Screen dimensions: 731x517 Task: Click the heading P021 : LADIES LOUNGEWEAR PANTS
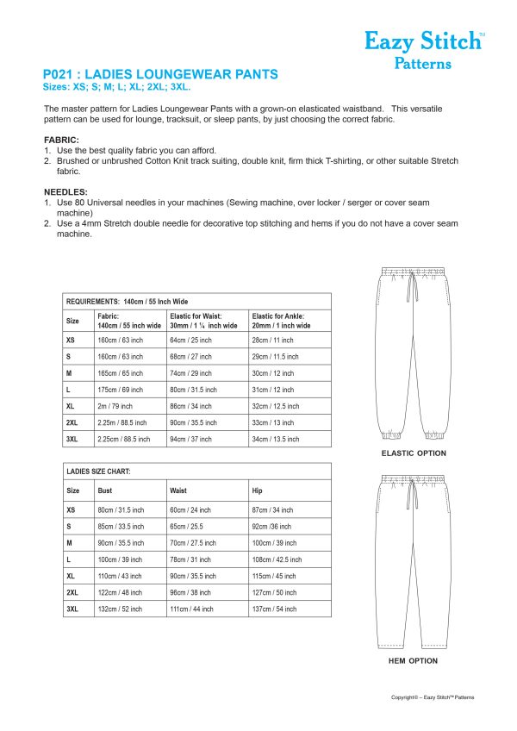[x=160, y=75]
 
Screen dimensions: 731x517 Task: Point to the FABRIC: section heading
[x=61, y=140]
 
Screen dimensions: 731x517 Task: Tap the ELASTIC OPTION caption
[x=414, y=453]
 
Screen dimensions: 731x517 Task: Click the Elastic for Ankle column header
[x=280, y=322]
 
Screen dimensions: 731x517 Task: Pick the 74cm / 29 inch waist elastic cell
[x=193, y=373]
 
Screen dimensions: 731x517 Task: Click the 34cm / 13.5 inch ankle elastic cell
[x=276, y=439]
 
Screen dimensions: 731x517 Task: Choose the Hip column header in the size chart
[x=258, y=490]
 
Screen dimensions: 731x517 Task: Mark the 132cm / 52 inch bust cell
[x=121, y=609]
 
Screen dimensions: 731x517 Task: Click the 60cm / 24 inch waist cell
[x=190, y=510]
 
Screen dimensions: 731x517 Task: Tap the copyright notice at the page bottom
[x=432, y=697]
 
